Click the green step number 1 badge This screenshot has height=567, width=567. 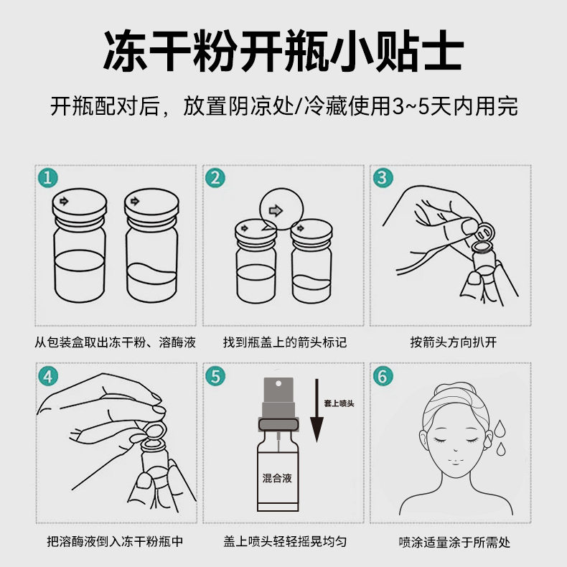coord(48,178)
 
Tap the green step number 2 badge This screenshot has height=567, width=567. coord(215,178)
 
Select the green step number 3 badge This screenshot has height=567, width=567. coord(383,177)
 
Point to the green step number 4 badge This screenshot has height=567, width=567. coord(48,376)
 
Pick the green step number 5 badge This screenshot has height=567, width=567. coord(215,376)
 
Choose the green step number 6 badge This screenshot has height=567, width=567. coord(383,376)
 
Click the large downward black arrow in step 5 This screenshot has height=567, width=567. coord(317,411)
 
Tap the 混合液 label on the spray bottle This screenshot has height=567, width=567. coord(277,478)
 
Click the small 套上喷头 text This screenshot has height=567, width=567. coord(339,403)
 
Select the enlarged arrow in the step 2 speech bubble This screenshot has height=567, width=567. coord(276,210)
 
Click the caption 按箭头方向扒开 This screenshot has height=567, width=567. coord(454,342)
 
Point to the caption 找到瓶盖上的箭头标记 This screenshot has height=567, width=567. coord(285,342)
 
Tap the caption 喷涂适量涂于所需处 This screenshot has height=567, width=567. coord(454,542)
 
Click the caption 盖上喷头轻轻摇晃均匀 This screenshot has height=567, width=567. coord(285,542)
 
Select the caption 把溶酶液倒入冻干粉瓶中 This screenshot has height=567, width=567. coord(115,541)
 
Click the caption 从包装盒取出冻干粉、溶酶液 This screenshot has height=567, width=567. coord(115,342)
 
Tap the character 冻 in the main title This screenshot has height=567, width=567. coord(125,51)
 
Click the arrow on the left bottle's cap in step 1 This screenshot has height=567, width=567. coord(64,201)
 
